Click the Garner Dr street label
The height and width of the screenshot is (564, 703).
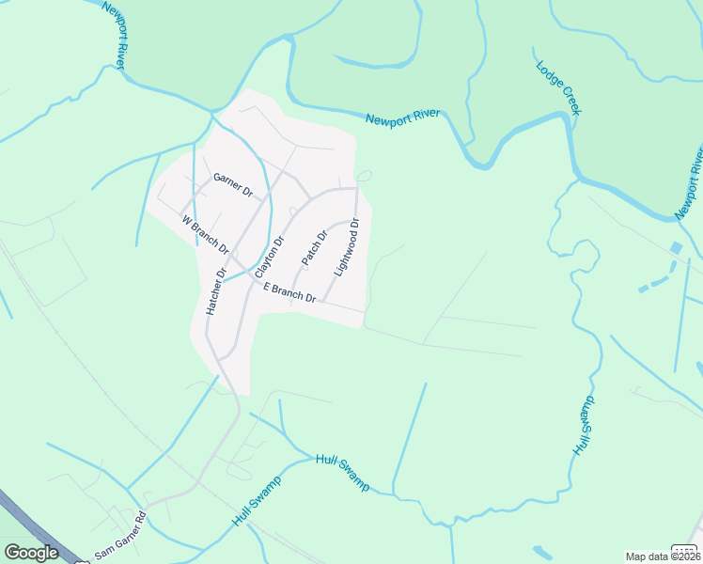click(233, 184)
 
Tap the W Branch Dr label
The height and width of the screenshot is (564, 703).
click(206, 235)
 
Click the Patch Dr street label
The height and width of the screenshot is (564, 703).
click(313, 247)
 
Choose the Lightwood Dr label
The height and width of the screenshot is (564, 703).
click(348, 246)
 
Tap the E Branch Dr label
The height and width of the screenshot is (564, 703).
click(289, 293)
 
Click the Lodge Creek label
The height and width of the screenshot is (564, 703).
click(559, 88)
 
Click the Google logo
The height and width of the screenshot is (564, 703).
click(31, 553)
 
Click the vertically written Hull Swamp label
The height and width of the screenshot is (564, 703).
click(584, 426)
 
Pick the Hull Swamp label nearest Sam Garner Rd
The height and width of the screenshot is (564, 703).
click(256, 503)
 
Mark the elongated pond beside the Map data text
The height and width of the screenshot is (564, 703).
click(542, 553)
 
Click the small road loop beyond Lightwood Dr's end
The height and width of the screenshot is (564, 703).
click(364, 175)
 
